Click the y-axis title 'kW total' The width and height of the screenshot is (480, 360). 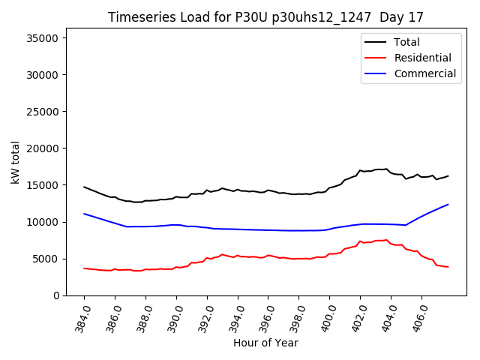(16, 162)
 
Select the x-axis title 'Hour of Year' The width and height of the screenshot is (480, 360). (265, 343)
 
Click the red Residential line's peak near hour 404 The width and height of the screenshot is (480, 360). (386, 240)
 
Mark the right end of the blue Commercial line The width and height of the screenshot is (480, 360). (448, 204)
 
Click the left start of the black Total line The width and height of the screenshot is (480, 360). (84, 187)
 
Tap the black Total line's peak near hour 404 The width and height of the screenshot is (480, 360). (386, 169)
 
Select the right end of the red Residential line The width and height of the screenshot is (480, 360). (448, 267)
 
